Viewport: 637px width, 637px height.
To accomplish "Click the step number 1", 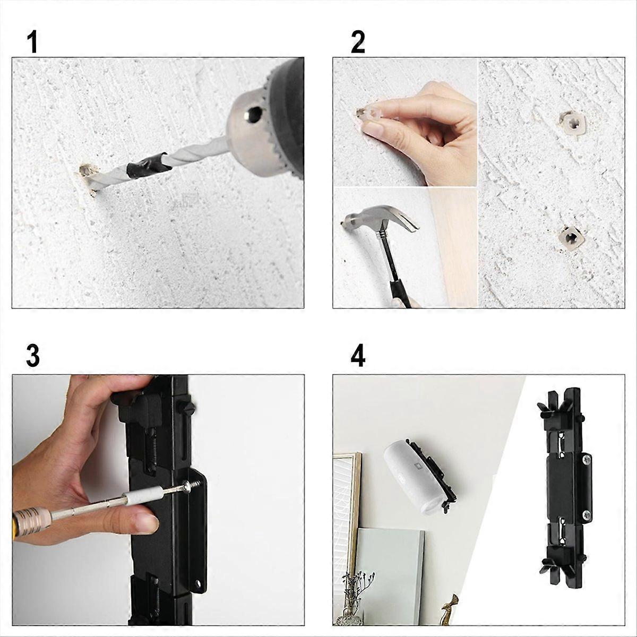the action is (32, 42).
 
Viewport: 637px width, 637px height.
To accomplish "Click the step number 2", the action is (358, 42).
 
